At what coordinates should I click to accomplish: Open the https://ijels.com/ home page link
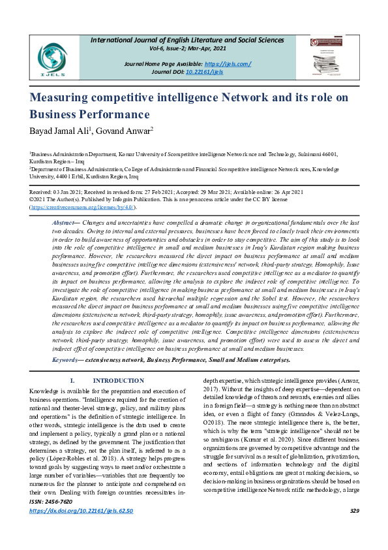(x=228, y=63)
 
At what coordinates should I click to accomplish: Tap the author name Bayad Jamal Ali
(x=61, y=130)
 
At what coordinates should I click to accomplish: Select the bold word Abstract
(x=63, y=223)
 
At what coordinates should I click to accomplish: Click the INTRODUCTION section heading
(x=119, y=381)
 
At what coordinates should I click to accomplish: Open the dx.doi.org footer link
(x=81, y=528)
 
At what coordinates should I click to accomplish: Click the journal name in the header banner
(x=201, y=40)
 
